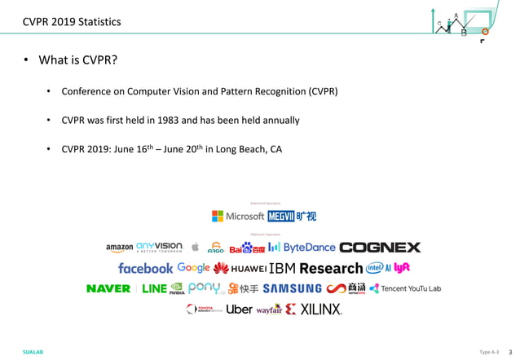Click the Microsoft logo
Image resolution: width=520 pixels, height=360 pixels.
(x=238, y=217)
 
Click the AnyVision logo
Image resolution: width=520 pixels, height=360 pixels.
(x=160, y=247)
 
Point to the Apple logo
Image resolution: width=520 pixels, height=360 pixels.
(x=195, y=247)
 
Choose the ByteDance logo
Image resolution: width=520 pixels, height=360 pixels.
(x=301, y=247)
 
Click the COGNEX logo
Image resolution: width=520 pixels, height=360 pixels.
(x=380, y=247)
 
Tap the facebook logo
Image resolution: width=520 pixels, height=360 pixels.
(x=145, y=268)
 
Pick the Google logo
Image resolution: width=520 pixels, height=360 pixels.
(x=193, y=268)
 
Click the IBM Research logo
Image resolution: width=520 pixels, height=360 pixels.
(x=315, y=268)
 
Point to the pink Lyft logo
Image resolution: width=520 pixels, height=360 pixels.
(x=402, y=267)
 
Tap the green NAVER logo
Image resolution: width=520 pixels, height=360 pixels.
(x=108, y=288)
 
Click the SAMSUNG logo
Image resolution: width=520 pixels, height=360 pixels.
(x=292, y=288)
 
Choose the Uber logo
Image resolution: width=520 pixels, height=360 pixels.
(x=239, y=310)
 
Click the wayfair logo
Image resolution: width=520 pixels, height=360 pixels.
(x=269, y=310)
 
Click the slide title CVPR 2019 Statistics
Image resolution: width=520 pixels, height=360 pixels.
(x=72, y=22)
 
